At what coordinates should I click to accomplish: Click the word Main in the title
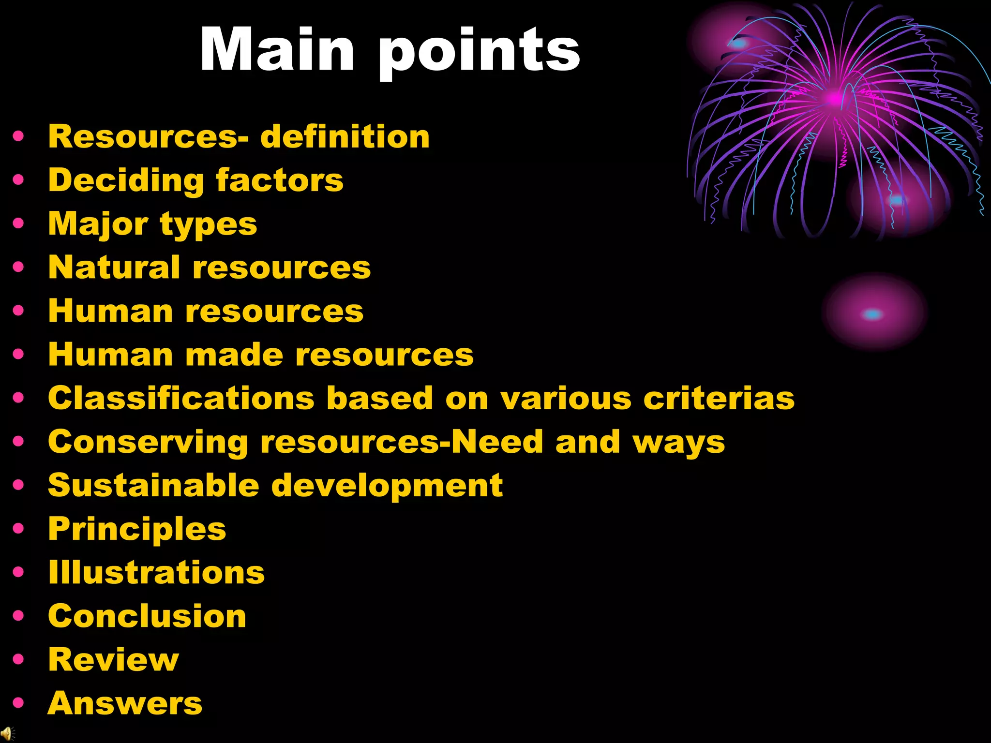pos(277,50)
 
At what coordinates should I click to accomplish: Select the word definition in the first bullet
pos(345,136)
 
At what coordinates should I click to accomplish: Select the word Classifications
pos(181,398)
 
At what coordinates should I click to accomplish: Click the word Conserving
pos(148,443)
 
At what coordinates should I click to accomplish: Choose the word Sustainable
pos(153,485)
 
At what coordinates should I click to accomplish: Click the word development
pos(387,486)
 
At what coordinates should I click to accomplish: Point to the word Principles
pos(137,530)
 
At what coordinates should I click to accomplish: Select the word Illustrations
pos(156,572)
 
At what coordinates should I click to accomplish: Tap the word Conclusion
pos(147,616)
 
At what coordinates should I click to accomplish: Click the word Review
pos(113,660)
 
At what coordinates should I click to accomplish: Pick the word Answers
pos(125,703)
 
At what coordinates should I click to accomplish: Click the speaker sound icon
pos(7,734)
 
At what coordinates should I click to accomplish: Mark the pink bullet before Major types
pos(18,223)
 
